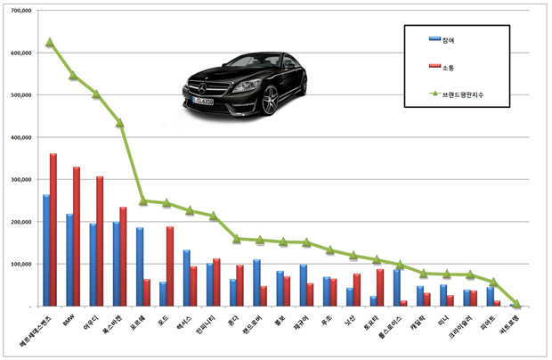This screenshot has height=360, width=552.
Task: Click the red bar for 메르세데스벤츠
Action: point(53,230)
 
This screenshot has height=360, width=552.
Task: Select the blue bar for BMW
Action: point(69,259)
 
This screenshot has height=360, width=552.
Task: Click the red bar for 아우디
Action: point(100,241)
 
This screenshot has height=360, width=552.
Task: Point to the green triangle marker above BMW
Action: point(73,75)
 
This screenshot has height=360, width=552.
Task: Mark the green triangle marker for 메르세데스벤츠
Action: point(50,42)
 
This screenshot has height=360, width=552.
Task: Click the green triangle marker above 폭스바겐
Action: point(119,122)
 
